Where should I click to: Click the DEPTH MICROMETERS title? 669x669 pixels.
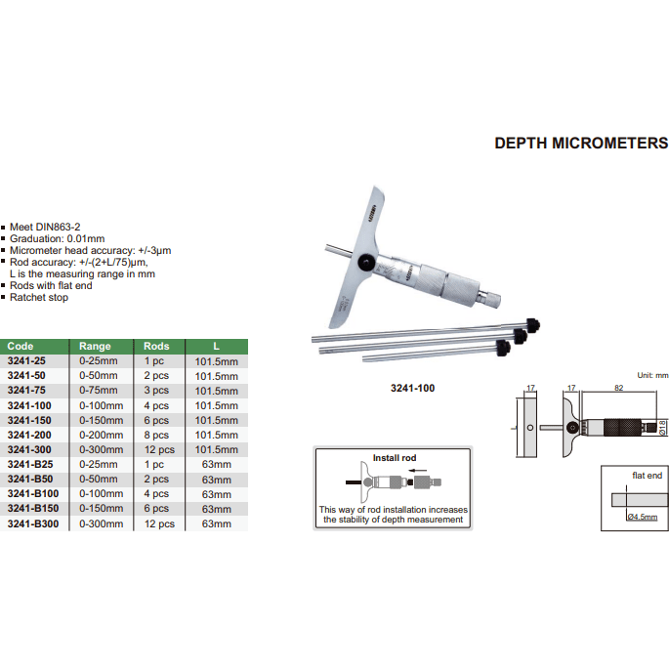(x=581, y=143)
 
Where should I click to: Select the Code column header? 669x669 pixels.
(x=21, y=346)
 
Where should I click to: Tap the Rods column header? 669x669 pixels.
(x=156, y=346)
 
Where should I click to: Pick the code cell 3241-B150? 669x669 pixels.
(x=33, y=509)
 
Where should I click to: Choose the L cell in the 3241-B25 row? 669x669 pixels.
(x=216, y=465)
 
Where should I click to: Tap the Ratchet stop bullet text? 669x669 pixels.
(x=39, y=298)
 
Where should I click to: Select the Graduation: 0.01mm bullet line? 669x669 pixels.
(x=57, y=238)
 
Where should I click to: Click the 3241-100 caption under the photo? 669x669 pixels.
(x=411, y=388)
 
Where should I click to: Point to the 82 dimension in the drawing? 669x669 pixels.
(x=619, y=388)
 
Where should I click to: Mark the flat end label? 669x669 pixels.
(x=647, y=476)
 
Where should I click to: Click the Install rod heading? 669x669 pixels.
(x=394, y=457)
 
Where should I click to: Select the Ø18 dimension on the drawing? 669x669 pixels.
(x=663, y=428)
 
